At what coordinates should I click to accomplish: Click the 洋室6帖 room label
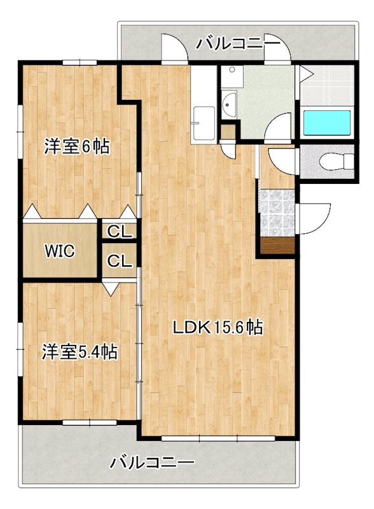tap(77, 147)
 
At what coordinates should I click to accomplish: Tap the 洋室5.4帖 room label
tap(80, 351)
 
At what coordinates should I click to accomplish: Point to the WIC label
tap(59, 251)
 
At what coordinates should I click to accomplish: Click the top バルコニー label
tap(238, 43)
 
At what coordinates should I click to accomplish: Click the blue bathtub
tap(327, 123)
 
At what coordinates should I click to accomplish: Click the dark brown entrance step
tap(277, 245)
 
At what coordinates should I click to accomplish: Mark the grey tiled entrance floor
tap(277, 212)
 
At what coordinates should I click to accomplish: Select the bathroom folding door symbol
tap(305, 74)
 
